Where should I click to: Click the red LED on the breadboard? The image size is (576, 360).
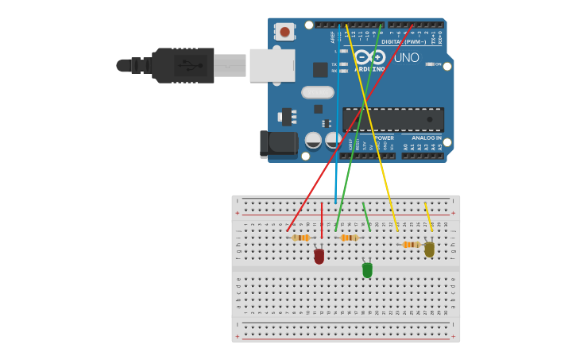click(x=319, y=256)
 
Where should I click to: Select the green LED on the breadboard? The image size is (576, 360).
click(x=367, y=270)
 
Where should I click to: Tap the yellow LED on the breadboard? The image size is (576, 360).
click(x=429, y=249)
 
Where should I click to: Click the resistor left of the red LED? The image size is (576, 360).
click(x=300, y=238)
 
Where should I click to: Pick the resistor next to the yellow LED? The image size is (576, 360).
click(x=411, y=245)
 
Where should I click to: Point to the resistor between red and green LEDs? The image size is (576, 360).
click(x=349, y=238)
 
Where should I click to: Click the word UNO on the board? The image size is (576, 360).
click(x=407, y=57)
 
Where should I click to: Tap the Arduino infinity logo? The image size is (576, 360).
click(x=369, y=57)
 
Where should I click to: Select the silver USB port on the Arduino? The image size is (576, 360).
click(x=272, y=65)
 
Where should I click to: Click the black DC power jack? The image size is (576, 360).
click(x=279, y=144)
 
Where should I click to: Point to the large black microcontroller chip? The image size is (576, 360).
click(x=393, y=119)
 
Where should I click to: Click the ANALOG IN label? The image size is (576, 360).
click(x=427, y=137)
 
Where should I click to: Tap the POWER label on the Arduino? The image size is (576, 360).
click(x=383, y=137)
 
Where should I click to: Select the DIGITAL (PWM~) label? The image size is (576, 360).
click(x=401, y=41)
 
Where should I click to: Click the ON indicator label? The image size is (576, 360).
click(x=438, y=64)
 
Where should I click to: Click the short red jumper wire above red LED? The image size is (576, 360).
click(x=322, y=220)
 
